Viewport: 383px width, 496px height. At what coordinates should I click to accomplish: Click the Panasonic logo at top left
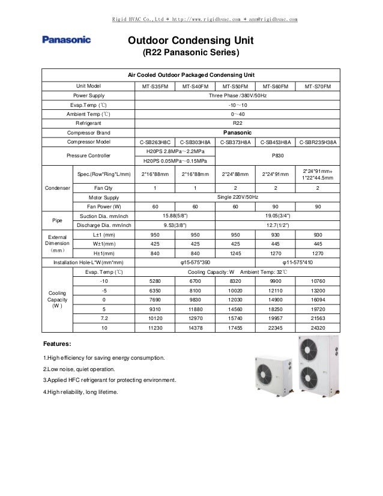tap(66, 40)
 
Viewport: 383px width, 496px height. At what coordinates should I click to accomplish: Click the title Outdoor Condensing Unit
tap(190, 40)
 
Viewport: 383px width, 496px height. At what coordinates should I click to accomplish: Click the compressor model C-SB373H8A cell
tap(236, 142)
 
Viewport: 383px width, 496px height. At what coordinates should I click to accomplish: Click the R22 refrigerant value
tap(236, 122)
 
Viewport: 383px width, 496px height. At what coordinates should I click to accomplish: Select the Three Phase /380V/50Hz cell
tap(236, 95)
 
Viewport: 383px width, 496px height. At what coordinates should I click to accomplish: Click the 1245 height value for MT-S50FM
tap(236, 253)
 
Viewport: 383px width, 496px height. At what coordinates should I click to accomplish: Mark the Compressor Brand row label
tap(89, 132)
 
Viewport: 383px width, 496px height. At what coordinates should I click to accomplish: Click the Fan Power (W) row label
tap(101, 207)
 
